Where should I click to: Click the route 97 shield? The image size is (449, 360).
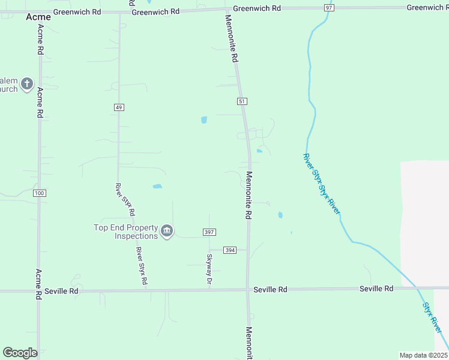coord(328,7)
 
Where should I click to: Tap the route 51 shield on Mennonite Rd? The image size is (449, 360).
coord(242,102)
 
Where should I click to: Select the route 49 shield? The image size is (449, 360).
coord(118,107)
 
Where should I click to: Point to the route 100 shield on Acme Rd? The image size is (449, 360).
coord(40,193)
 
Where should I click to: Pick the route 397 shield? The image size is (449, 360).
coord(209,232)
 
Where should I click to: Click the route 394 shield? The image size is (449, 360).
coord(230,250)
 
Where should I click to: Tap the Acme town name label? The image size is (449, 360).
coord(38,17)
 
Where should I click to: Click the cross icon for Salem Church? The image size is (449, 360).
coord(26,84)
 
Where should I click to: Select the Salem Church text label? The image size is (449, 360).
coord(8,85)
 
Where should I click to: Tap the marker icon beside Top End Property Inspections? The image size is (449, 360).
coord(167,231)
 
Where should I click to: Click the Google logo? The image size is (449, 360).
coord(20,353)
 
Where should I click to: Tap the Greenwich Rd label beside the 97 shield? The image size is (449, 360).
coord(257,8)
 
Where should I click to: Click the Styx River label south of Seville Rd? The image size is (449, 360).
coord(433,319)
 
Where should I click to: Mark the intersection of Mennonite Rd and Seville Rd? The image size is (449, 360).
coord(247,290)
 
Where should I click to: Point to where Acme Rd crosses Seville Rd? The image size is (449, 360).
coord(40,292)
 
